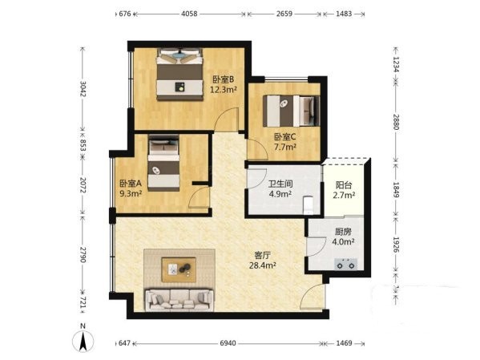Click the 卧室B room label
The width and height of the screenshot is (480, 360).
coord(223,79)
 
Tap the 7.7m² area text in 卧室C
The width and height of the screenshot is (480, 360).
coord(285,147)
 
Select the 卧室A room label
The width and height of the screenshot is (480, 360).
coord(131,184)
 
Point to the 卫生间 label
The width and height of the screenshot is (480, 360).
coord(280,184)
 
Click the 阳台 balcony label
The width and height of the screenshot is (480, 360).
coord(344,185)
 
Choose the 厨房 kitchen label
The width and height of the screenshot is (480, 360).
coord(343,232)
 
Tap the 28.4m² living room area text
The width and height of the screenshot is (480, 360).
coord(262,265)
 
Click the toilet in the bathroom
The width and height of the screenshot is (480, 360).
coord(308,205)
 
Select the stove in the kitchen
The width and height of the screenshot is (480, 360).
coord(345,264)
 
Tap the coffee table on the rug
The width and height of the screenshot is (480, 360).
coord(179,269)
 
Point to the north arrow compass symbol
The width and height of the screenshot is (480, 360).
coord(83,341)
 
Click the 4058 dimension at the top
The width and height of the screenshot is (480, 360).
coord(189,14)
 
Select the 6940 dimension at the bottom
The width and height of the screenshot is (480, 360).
coord(228,343)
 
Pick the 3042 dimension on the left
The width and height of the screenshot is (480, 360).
coord(83,88)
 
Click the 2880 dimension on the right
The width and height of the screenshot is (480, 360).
coord(396,122)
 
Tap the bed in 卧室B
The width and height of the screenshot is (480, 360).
coord(180,74)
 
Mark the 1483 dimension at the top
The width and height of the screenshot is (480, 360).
coord(344,14)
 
